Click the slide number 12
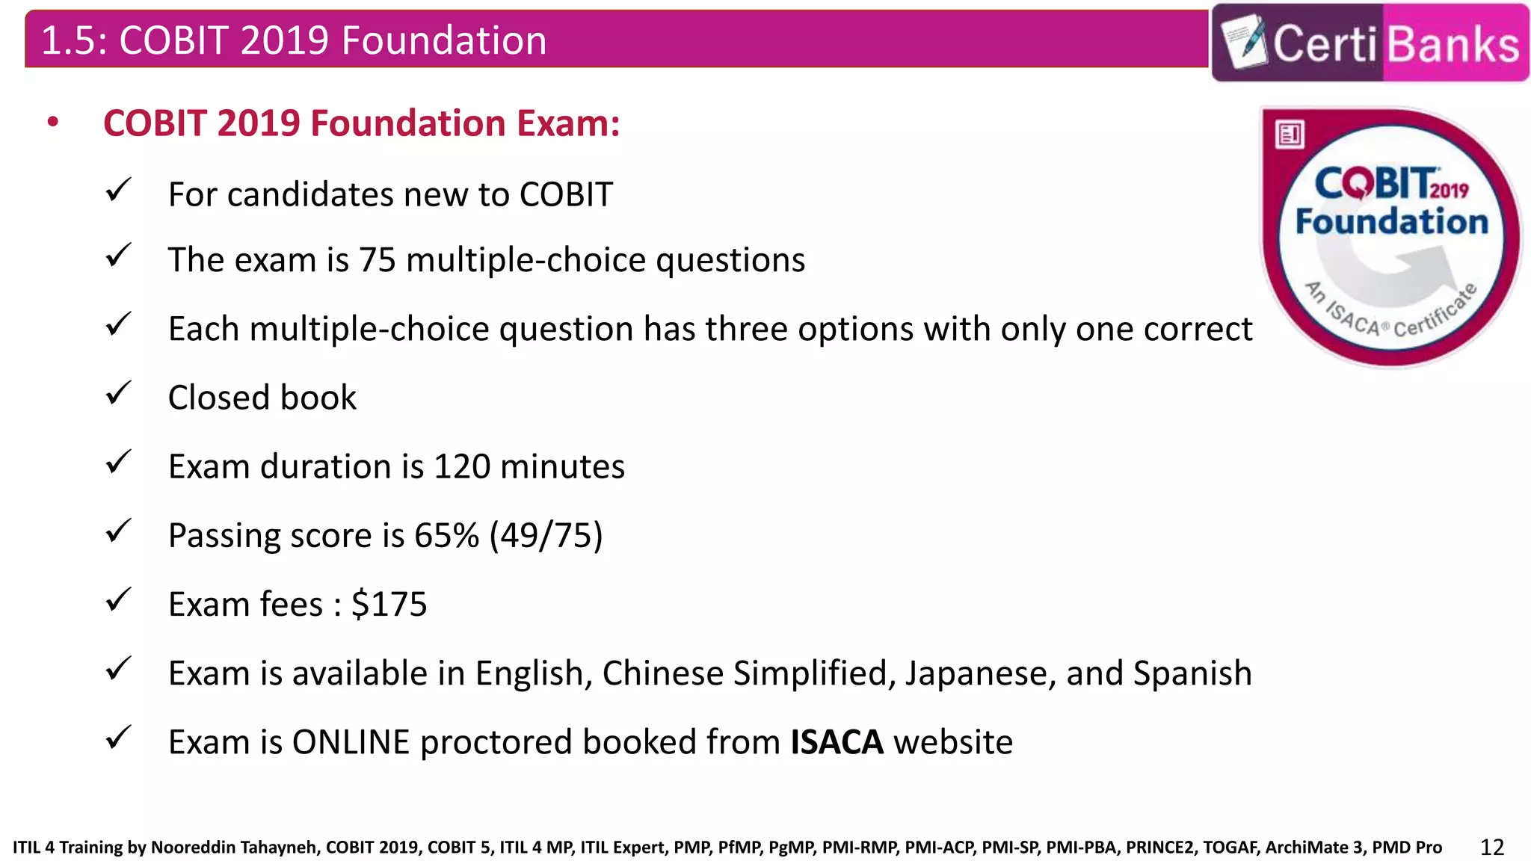click(x=1491, y=847)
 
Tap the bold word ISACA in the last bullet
click(x=837, y=742)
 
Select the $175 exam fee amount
click(x=389, y=604)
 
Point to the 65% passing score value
click(x=446, y=535)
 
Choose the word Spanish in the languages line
click(x=1192, y=673)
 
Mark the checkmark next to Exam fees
click(x=118, y=599)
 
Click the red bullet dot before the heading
click(x=52, y=123)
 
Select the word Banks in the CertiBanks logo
click(x=1454, y=43)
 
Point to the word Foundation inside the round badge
click(x=1391, y=222)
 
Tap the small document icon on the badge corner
click(x=1290, y=135)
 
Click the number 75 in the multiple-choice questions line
click(x=377, y=260)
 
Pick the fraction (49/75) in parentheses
click(x=546, y=535)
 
